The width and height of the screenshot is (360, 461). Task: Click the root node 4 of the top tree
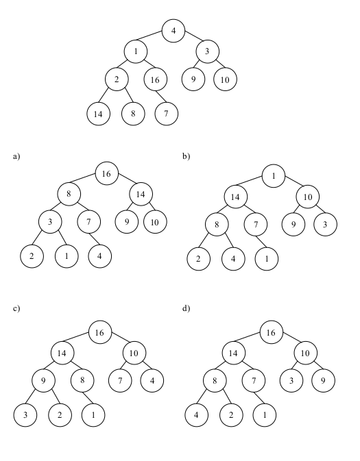coord(173,31)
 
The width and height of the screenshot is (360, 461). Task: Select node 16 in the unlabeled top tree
coord(156,79)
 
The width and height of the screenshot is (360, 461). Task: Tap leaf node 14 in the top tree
coord(98,114)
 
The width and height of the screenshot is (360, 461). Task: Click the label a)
coord(16,156)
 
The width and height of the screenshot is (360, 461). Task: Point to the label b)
coord(186,156)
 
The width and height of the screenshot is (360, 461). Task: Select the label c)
coord(16,308)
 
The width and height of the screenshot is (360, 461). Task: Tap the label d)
coord(186,308)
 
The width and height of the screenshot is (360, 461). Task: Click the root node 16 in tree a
coord(107,173)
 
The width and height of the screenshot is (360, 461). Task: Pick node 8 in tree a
coord(69,194)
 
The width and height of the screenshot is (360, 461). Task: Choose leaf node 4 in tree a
coord(100,256)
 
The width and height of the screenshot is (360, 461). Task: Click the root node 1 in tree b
coord(274,176)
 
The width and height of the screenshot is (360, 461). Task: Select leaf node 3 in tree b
coord(325,224)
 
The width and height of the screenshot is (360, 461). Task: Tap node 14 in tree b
coord(235,197)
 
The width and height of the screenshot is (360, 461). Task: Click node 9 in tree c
coord(43,381)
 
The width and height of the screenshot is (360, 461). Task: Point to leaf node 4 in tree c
coord(152,381)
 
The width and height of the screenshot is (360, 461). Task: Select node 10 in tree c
coord(134,353)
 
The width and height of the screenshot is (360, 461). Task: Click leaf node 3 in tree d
coord(291,380)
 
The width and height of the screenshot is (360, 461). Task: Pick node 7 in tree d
coord(254,380)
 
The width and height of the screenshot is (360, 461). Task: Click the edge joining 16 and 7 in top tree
coord(162,97)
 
